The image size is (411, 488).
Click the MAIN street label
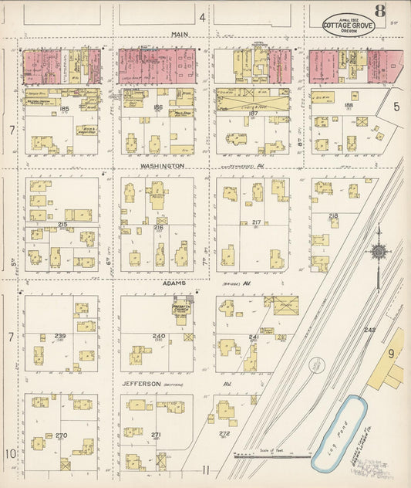point(180,34)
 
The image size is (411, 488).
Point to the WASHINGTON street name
point(162,165)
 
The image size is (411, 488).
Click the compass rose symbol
point(378,250)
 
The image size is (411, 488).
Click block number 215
point(62,225)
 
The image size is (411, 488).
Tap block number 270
point(61,435)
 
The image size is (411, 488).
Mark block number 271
point(157,435)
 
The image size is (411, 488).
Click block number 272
point(224,434)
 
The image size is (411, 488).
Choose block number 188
point(348,104)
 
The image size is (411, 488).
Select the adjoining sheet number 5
point(396,106)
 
